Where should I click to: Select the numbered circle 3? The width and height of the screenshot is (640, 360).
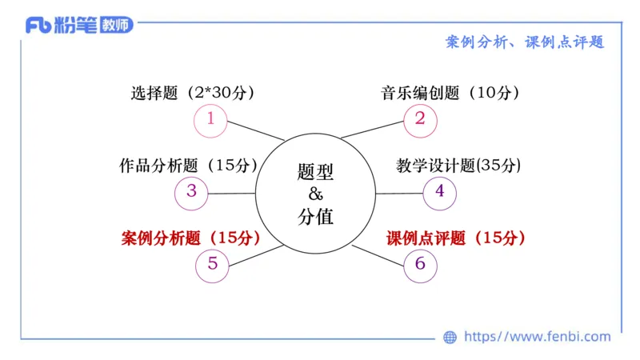pos(191,192)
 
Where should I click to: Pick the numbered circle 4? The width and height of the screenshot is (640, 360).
pos(439,192)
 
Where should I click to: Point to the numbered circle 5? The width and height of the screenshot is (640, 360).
pos(212,263)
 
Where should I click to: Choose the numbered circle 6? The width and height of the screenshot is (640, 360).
pos(420,263)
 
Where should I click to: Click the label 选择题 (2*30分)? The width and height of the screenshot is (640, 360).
pos(192,93)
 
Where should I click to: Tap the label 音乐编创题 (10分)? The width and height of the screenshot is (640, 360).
pos(450,93)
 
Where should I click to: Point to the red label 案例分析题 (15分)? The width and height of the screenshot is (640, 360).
pos(191,238)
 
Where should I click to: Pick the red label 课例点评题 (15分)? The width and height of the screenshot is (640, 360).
pos(456,238)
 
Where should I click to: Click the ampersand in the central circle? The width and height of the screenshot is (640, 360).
pos(314,193)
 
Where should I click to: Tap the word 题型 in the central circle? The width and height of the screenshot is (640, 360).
pos(314,171)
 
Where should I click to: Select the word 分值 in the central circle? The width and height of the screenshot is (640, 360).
pos(314,215)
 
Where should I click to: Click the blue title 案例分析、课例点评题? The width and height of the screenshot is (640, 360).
pos(524,42)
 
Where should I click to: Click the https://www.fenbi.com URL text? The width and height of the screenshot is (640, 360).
pos(538,337)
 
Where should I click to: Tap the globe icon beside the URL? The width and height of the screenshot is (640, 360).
pos(450,338)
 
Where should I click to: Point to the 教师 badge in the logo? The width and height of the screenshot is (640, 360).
pos(117,25)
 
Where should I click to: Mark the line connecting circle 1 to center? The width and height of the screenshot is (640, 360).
pos(256,131)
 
